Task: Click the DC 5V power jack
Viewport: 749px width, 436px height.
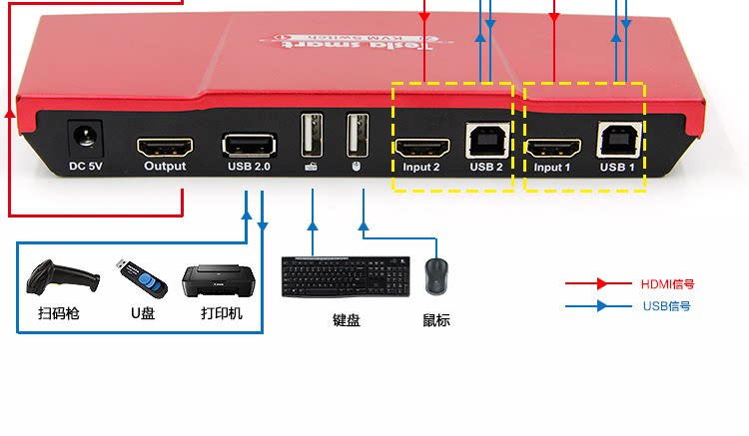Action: [86, 137]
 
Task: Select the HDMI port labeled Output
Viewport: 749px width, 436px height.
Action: [164, 145]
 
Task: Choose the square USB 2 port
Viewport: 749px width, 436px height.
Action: [485, 139]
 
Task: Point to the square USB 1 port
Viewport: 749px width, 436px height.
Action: [617, 139]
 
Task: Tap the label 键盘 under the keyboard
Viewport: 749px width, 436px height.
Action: [346, 320]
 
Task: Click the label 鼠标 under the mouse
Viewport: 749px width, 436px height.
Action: [436, 320]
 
